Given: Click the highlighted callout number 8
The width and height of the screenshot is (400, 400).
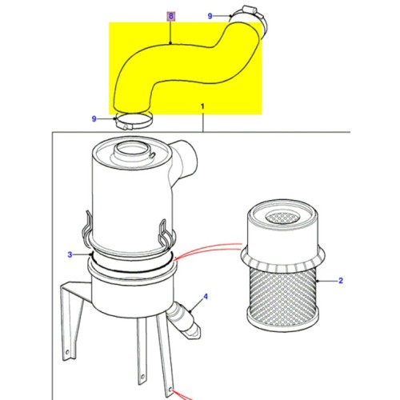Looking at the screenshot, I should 169,15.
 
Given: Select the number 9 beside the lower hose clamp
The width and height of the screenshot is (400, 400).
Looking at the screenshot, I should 94,118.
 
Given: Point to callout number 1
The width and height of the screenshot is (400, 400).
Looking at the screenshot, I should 202,106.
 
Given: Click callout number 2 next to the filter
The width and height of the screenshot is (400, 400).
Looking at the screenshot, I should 339,281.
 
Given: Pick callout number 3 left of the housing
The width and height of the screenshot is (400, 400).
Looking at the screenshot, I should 70,254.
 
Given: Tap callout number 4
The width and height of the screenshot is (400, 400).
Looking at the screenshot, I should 204,297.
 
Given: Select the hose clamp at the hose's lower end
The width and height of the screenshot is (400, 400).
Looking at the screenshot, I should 133,122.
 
